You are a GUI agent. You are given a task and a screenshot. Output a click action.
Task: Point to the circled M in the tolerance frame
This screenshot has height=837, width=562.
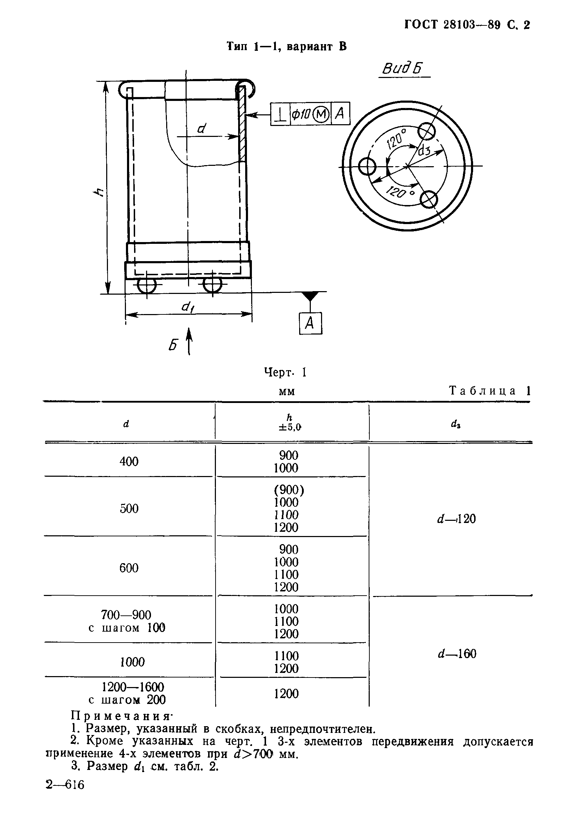click(x=321, y=114)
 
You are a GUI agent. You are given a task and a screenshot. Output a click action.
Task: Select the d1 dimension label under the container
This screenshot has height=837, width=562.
click(x=187, y=307)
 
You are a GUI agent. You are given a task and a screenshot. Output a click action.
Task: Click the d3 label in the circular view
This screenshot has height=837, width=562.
click(x=425, y=150)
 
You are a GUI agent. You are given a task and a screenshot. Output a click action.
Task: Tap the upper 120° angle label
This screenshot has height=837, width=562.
click(x=397, y=139)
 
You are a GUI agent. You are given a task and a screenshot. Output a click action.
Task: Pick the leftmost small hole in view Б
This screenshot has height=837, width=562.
click(x=367, y=167)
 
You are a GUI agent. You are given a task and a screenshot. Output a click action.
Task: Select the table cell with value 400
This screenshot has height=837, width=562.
click(x=129, y=461)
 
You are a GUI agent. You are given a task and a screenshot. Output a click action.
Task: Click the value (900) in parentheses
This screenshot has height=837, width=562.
click(x=289, y=490)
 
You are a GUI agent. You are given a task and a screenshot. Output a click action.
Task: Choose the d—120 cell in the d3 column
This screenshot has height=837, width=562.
click(x=456, y=519)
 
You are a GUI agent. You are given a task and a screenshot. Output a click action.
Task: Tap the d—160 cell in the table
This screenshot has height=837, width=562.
click(x=457, y=654)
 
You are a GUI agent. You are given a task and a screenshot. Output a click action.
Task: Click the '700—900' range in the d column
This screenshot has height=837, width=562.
click(x=126, y=615)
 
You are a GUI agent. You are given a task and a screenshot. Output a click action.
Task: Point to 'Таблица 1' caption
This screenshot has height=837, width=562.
click(x=490, y=391)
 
